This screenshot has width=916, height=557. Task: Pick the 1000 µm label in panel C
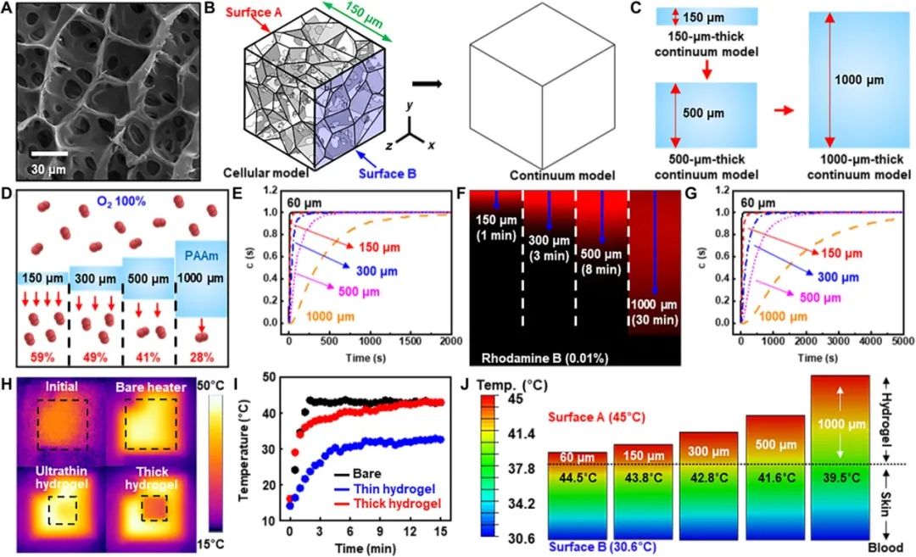click(860, 81)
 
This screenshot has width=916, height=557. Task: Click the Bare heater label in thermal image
click(153, 388)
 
